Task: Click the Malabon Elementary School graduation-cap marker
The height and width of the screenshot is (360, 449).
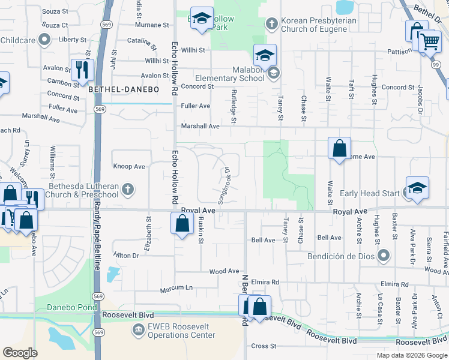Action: pyautogui.click(x=265, y=55)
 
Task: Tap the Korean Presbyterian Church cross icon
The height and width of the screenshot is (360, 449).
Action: pyautogui.click(x=271, y=24)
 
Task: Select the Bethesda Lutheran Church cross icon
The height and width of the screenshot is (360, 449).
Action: pyautogui.click(x=127, y=190)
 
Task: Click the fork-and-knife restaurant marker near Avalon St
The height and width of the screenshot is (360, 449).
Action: pyautogui.click(x=80, y=70)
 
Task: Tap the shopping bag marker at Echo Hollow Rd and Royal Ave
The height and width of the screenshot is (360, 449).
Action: pyautogui.click(x=182, y=224)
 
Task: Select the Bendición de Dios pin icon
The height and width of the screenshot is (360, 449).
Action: pyautogui.click(x=384, y=256)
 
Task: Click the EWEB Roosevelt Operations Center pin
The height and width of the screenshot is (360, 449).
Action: pyautogui.click(x=139, y=329)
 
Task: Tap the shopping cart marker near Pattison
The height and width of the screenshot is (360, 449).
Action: pyautogui.click(x=430, y=42)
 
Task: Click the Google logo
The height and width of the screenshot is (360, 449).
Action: pyautogui.click(x=20, y=353)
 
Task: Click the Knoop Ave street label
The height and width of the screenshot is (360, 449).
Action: pyautogui.click(x=129, y=166)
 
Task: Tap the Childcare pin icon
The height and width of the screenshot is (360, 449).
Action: pyautogui.click(x=43, y=40)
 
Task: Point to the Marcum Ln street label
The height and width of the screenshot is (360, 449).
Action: pyautogui.click(x=176, y=290)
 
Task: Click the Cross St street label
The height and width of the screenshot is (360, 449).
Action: pyautogui.click(x=263, y=346)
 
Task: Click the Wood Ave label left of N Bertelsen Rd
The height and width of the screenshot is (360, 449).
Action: pyautogui.click(x=224, y=272)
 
